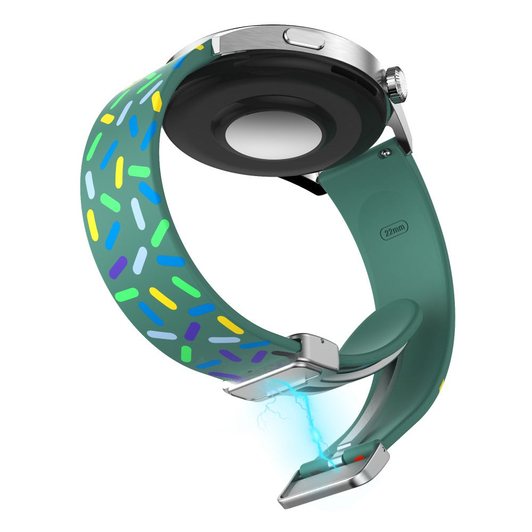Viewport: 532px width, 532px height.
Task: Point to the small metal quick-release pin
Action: pyautogui.click(x=384, y=154)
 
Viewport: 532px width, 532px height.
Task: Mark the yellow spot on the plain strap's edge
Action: pyautogui.click(x=442, y=383)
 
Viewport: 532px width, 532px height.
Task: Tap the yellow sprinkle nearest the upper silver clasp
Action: pyautogui.click(x=230, y=325)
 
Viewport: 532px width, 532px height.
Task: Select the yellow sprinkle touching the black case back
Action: pyautogui.click(x=156, y=101)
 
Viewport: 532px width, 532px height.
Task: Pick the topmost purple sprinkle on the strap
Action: pyautogui.click(x=118, y=267)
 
